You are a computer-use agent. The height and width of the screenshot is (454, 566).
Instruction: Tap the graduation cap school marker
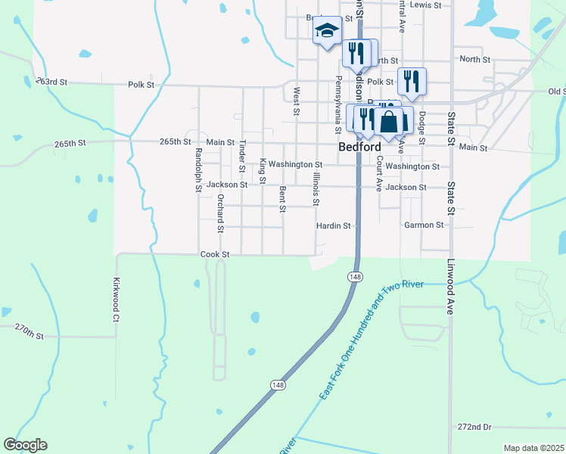328,31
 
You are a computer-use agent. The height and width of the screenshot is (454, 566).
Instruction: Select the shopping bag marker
390,121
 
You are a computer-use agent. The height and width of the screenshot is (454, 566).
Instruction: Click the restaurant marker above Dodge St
412,80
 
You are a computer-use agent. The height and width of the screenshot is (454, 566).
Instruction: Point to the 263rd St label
51,82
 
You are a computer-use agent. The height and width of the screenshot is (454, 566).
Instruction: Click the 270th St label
30,331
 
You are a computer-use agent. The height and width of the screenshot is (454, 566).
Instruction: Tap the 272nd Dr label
474,427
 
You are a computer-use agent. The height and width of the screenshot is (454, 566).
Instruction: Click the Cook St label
215,255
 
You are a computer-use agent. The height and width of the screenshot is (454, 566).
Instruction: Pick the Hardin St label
334,225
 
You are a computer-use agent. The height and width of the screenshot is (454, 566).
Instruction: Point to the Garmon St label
424,225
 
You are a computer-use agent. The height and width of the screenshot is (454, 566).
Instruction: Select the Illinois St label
316,189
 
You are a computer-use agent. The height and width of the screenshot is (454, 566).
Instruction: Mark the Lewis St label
424,5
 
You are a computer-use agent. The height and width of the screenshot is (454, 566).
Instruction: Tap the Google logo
25,445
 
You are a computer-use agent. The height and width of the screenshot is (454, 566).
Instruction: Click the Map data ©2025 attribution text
533,448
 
